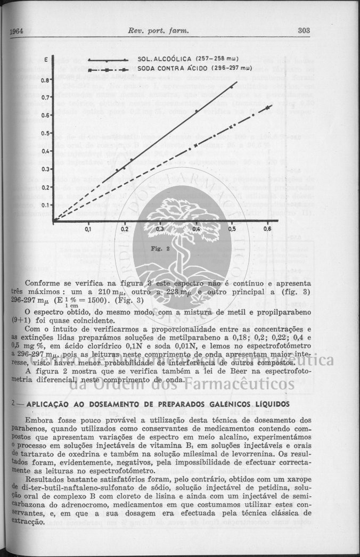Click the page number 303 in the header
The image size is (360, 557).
(304, 31)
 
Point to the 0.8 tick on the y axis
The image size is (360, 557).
(45, 80)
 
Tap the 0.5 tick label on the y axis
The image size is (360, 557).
(45, 133)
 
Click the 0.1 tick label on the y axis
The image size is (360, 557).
(45, 204)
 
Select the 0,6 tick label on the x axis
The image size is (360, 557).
(267, 230)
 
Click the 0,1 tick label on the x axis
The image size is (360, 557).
(88, 230)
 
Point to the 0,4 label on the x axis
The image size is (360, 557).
(196, 230)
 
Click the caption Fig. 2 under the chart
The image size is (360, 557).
(160, 249)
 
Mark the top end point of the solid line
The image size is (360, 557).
(235, 82)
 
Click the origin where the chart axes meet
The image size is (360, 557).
(53, 220)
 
